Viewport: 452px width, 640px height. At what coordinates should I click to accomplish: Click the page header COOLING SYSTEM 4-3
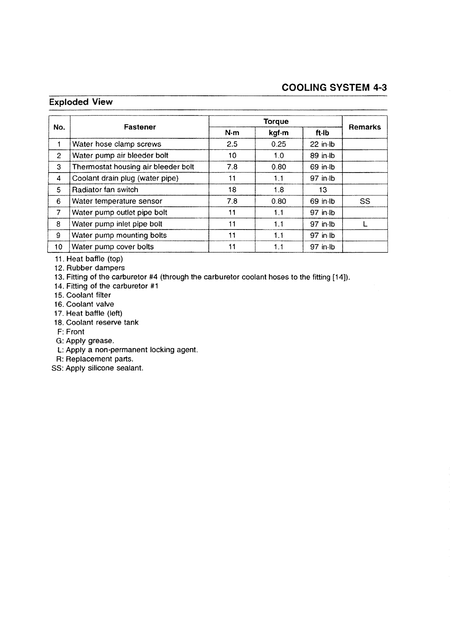click(x=334, y=88)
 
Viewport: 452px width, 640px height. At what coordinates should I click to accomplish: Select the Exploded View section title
click(x=81, y=102)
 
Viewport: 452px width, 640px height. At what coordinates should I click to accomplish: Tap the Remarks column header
click(x=364, y=127)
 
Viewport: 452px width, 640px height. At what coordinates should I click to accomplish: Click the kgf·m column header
click(x=278, y=133)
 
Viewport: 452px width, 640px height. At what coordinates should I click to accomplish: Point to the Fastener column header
click(x=139, y=127)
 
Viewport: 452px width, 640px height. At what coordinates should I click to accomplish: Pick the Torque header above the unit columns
click(x=276, y=121)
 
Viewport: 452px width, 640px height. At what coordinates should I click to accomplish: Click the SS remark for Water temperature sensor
click(x=365, y=201)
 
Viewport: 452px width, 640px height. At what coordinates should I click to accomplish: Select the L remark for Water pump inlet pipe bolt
click(x=365, y=224)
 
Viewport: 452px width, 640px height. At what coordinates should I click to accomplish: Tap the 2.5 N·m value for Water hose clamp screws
click(x=232, y=144)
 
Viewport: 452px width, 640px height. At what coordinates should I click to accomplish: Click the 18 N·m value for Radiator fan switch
click(x=232, y=190)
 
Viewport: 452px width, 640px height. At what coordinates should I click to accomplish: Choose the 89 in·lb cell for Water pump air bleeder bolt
click(x=322, y=155)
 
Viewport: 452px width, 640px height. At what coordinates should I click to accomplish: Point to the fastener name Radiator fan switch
click(x=105, y=190)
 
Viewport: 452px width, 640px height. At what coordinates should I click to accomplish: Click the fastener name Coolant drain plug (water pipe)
click(x=125, y=178)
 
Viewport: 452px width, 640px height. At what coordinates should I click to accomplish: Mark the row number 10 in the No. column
click(x=58, y=247)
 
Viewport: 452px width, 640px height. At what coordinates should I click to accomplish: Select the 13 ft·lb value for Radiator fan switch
click(x=322, y=190)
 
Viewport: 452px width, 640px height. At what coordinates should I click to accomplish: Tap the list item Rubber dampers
click(x=95, y=268)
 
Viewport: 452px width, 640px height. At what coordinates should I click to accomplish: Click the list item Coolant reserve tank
click(x=102, y=322)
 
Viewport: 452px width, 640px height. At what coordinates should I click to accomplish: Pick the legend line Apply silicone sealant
click(x=104, y=368)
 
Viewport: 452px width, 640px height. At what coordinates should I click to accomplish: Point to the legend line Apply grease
click(x=90, y=341)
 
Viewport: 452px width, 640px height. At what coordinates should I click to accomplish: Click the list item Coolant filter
click(x=88, y=295)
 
